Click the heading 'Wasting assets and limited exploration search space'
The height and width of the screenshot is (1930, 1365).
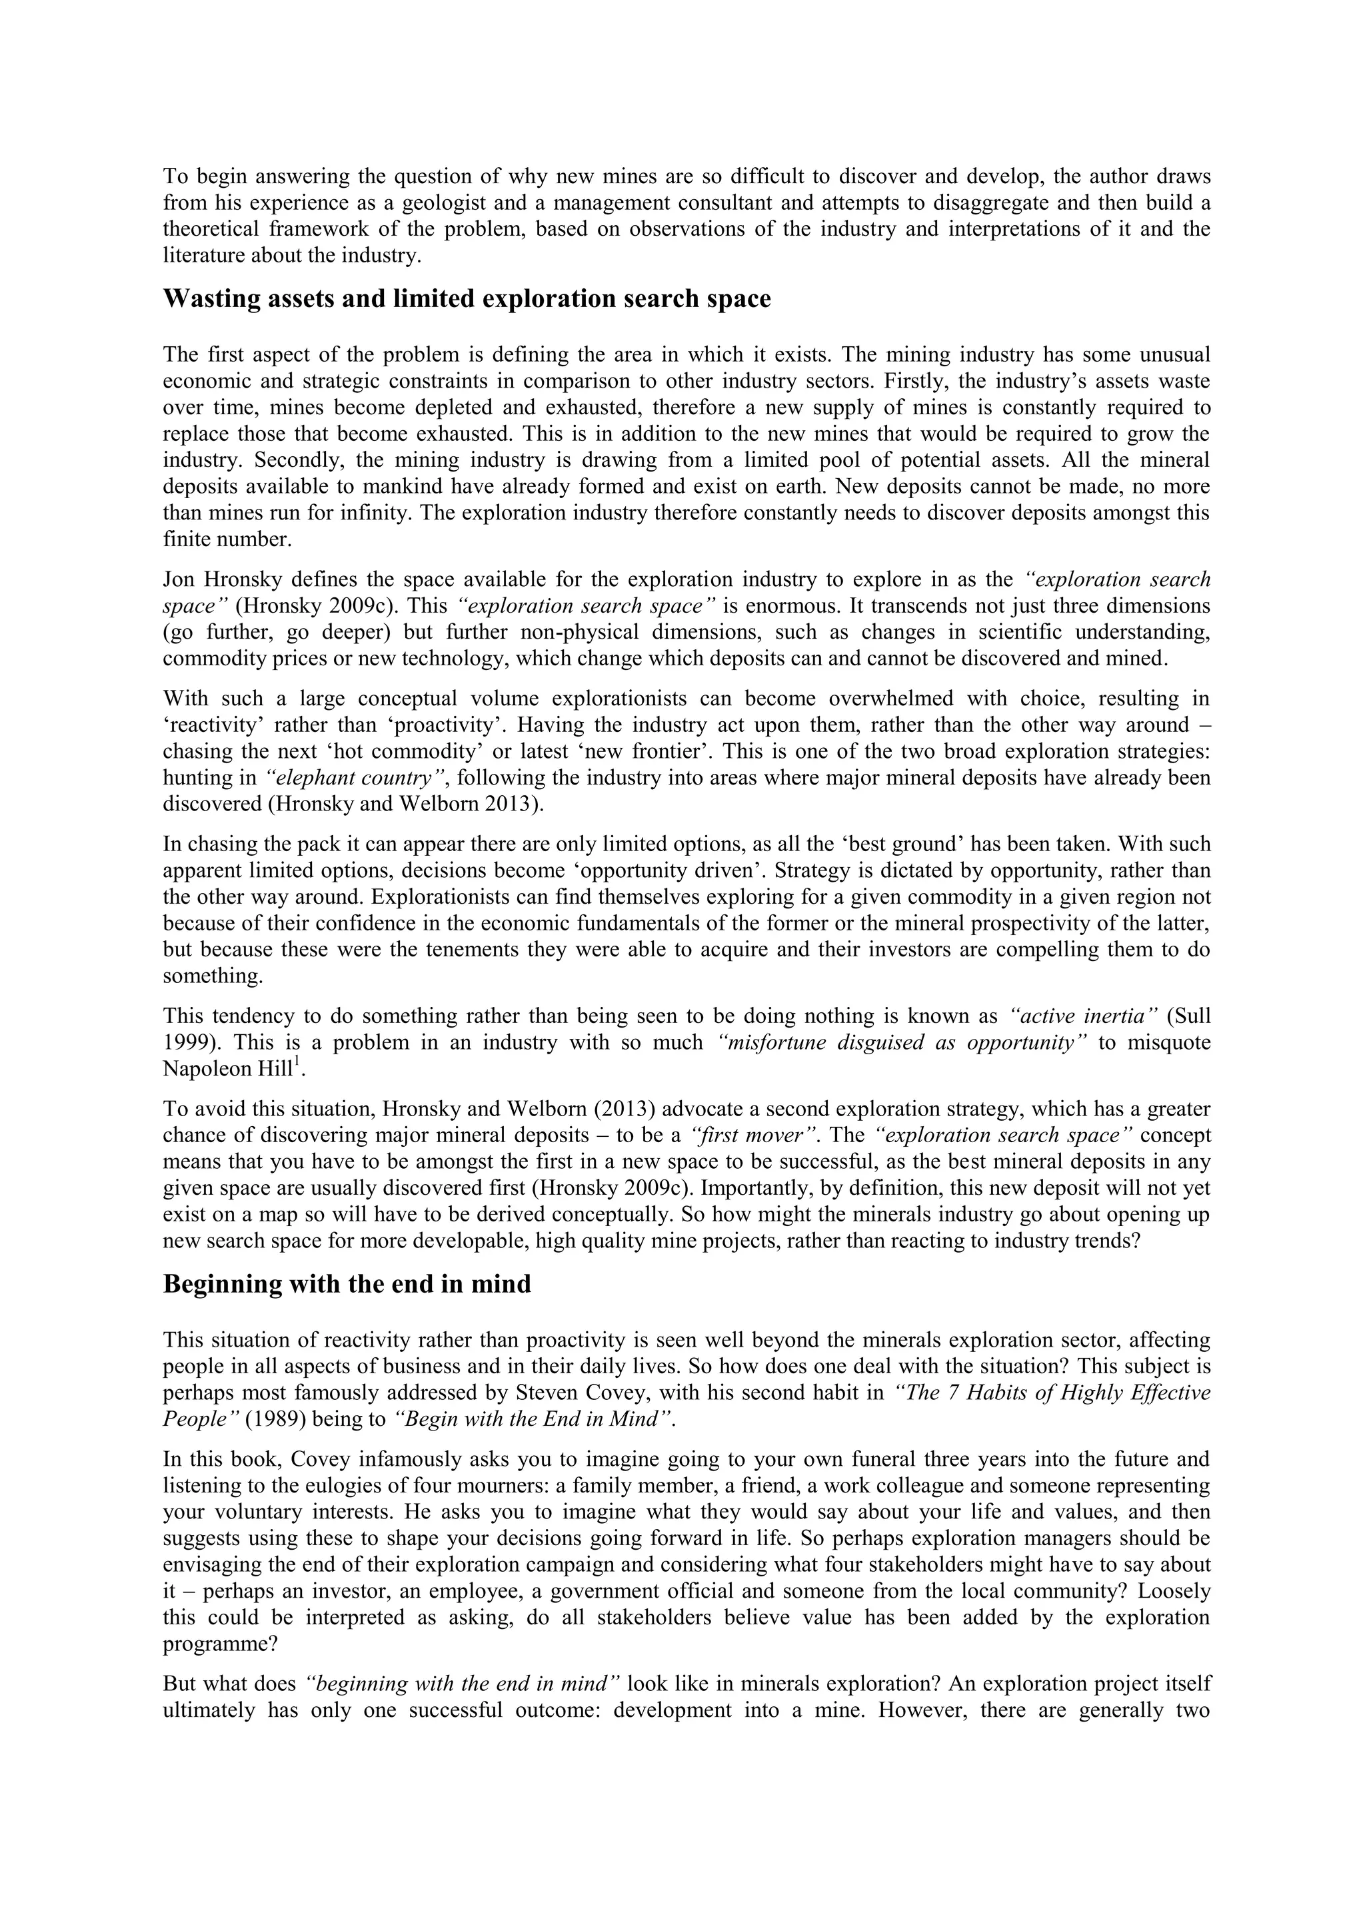(x=466, y=299)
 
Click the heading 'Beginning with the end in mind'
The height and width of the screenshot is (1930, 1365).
(x=347, y=1285)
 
